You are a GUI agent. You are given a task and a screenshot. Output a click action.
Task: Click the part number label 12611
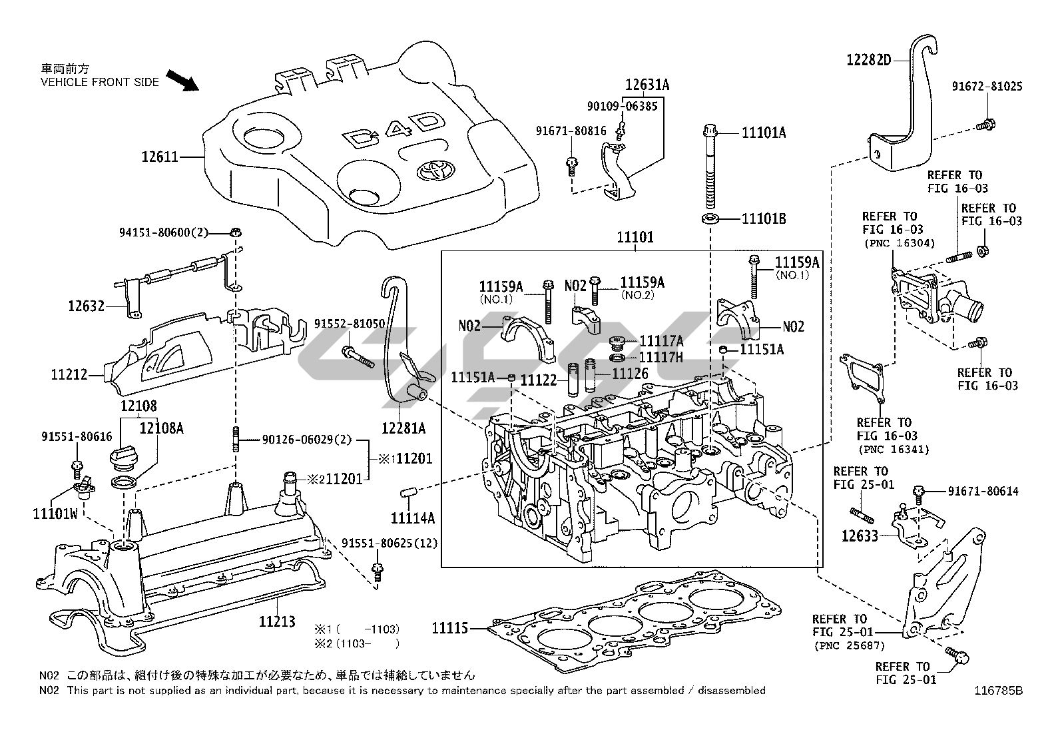pyautogui.click(x=160, y=157)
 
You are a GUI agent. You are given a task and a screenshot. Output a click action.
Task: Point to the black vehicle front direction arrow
pyautogui.click(x=183, y=81)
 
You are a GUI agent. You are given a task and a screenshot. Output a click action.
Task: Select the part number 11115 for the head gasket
pyautogui.click(x=450, y=627)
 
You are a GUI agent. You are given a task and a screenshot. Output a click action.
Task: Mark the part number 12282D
pyautogui.click(x=868, y=60)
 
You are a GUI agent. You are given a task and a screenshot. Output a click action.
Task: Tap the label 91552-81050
pyautogui.click(x=350, y=324)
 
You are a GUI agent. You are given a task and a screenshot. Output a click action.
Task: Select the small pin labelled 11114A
pyautogui.click(x=408, y=494)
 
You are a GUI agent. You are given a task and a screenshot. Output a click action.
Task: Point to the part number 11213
pyautogui.click(x=277, y=621)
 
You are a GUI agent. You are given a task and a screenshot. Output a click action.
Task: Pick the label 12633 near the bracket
pyautogui.click(x=860, y=535)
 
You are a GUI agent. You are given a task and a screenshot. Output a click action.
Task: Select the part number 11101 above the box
pyautogui.click(x=635, y=237)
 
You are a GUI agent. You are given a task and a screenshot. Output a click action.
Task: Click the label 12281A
pyautogui.click(x=403, y=427)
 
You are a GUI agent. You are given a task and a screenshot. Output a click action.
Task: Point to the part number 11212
pyautogui.click(x=69, y=375)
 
